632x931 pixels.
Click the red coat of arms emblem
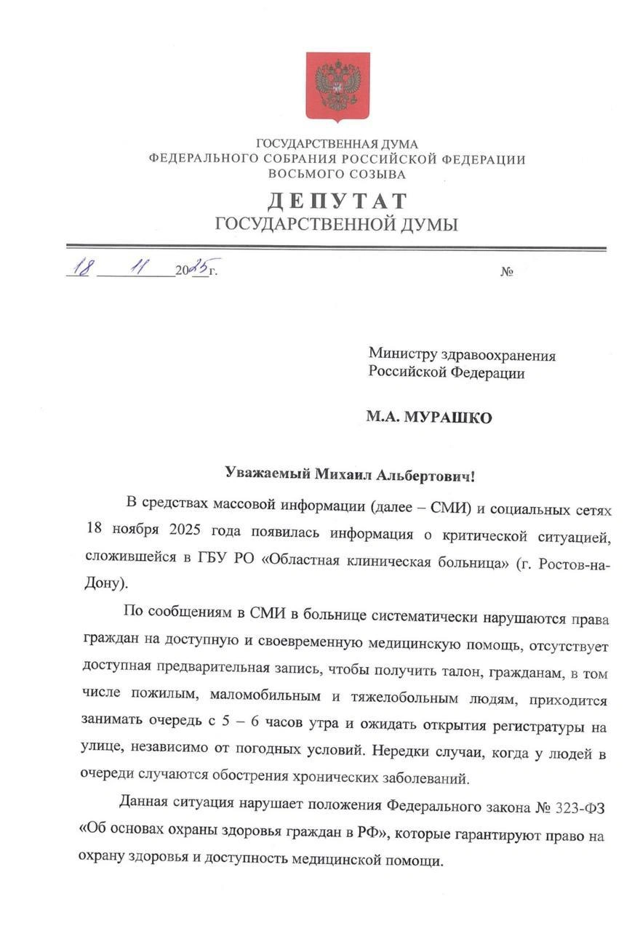point(337,86)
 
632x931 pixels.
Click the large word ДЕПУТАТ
point(337,201)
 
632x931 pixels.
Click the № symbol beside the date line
point(507,272)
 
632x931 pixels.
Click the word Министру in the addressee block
point(402,355)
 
